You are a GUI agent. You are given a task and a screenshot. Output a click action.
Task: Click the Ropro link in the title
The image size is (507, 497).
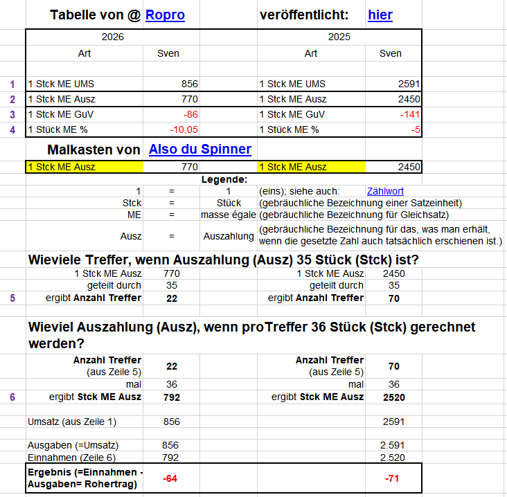(165, 15)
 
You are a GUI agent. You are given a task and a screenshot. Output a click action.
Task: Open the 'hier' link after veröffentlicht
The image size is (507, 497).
(380, 15)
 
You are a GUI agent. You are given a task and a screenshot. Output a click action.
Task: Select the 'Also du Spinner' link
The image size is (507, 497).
(199, 150)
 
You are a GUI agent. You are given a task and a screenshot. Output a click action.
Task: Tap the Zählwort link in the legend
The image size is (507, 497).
(384, 191)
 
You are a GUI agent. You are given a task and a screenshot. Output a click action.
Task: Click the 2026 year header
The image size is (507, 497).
(112, 37)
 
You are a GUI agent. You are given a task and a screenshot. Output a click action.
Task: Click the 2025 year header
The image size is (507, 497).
(339, 37)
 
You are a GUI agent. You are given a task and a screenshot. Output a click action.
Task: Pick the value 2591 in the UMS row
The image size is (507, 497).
(409, 84)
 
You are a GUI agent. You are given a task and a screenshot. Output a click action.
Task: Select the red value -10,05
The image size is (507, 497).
(184, 129)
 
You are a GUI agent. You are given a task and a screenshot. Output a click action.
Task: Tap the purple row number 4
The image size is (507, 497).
(11, 129)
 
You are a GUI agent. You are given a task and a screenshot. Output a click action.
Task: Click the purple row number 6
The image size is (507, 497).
(11, 397)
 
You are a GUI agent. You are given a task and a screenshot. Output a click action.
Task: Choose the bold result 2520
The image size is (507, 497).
(393, 397)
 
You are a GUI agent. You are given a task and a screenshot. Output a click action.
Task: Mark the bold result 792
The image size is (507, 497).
(170, 397)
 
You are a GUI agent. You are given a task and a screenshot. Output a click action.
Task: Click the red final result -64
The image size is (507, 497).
(170, 478)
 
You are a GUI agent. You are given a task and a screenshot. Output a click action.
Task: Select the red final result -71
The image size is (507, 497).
(393, 478)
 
